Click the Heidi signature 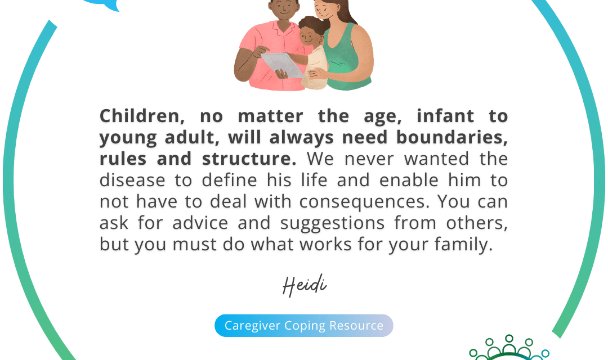304,286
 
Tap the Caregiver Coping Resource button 303,326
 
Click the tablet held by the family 283,64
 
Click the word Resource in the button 356,326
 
